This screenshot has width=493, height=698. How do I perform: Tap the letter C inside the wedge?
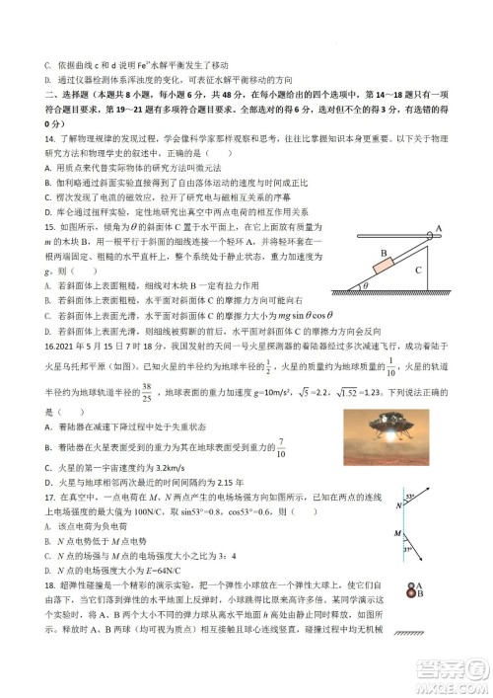click(418, 268)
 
